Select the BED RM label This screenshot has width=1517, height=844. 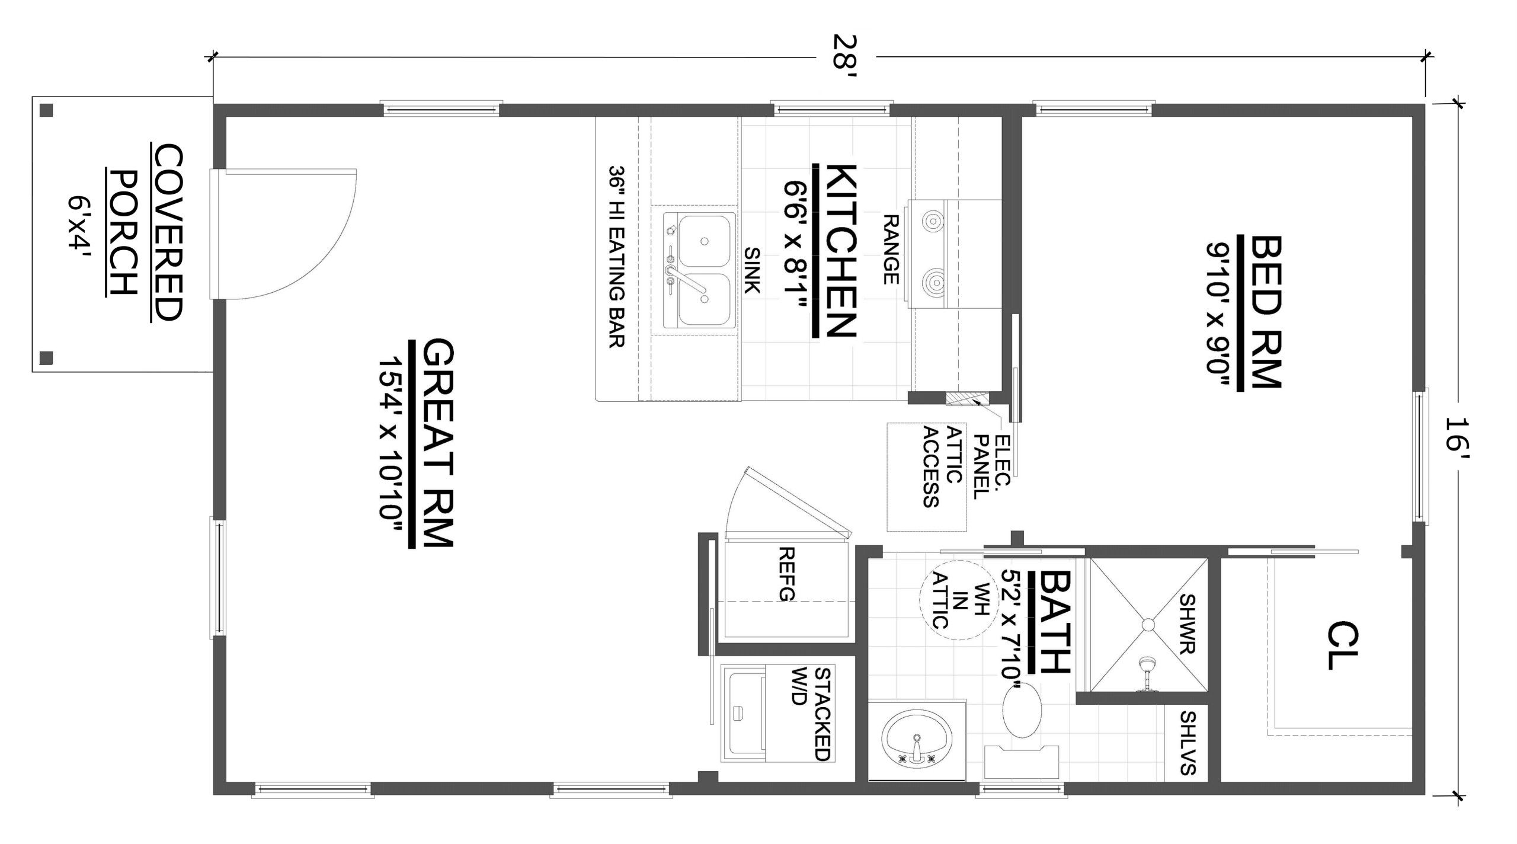click(1266, 312)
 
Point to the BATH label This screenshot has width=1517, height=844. click(1055, 622)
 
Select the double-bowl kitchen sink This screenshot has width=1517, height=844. click(700, 270)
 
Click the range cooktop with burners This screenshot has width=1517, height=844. click(955, 254)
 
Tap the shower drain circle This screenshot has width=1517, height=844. click(1148, 625)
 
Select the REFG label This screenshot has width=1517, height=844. click(786, 574)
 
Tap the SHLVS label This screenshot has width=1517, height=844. click(1188, 743)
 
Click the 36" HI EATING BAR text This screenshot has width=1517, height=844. click(617, 256)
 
